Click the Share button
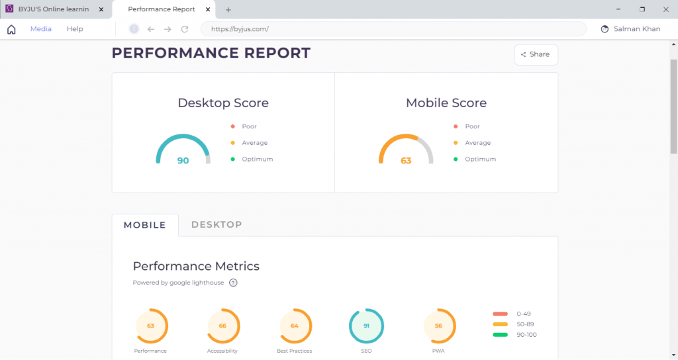(x=536, y=55)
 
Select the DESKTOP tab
(x=217, y=225)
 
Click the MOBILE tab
(x=145, y=225)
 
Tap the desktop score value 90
(x=183, y=161)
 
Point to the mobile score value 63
(x=406, y=161)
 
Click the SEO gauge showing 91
(x=366, y=326)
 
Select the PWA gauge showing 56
(x=438, y=326)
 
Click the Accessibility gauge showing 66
(x=222, y=326)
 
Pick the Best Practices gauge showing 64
(x=295, y=326)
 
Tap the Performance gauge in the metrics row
(x=150, y=326)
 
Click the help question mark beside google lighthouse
(x=233, y=283)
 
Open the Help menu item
(x=75, y=29)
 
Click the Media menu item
(x=41, y=29)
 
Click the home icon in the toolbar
(x=11, y=29)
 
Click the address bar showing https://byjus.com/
(x=393, y=29)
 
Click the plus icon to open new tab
(x=228, y=10)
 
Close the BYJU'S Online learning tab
(x=101, y=10)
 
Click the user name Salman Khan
(x=637, y=29)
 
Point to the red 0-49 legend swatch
(x=501, y=314)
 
